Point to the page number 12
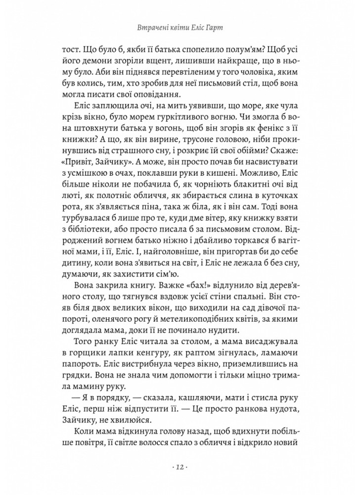(180, 468)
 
